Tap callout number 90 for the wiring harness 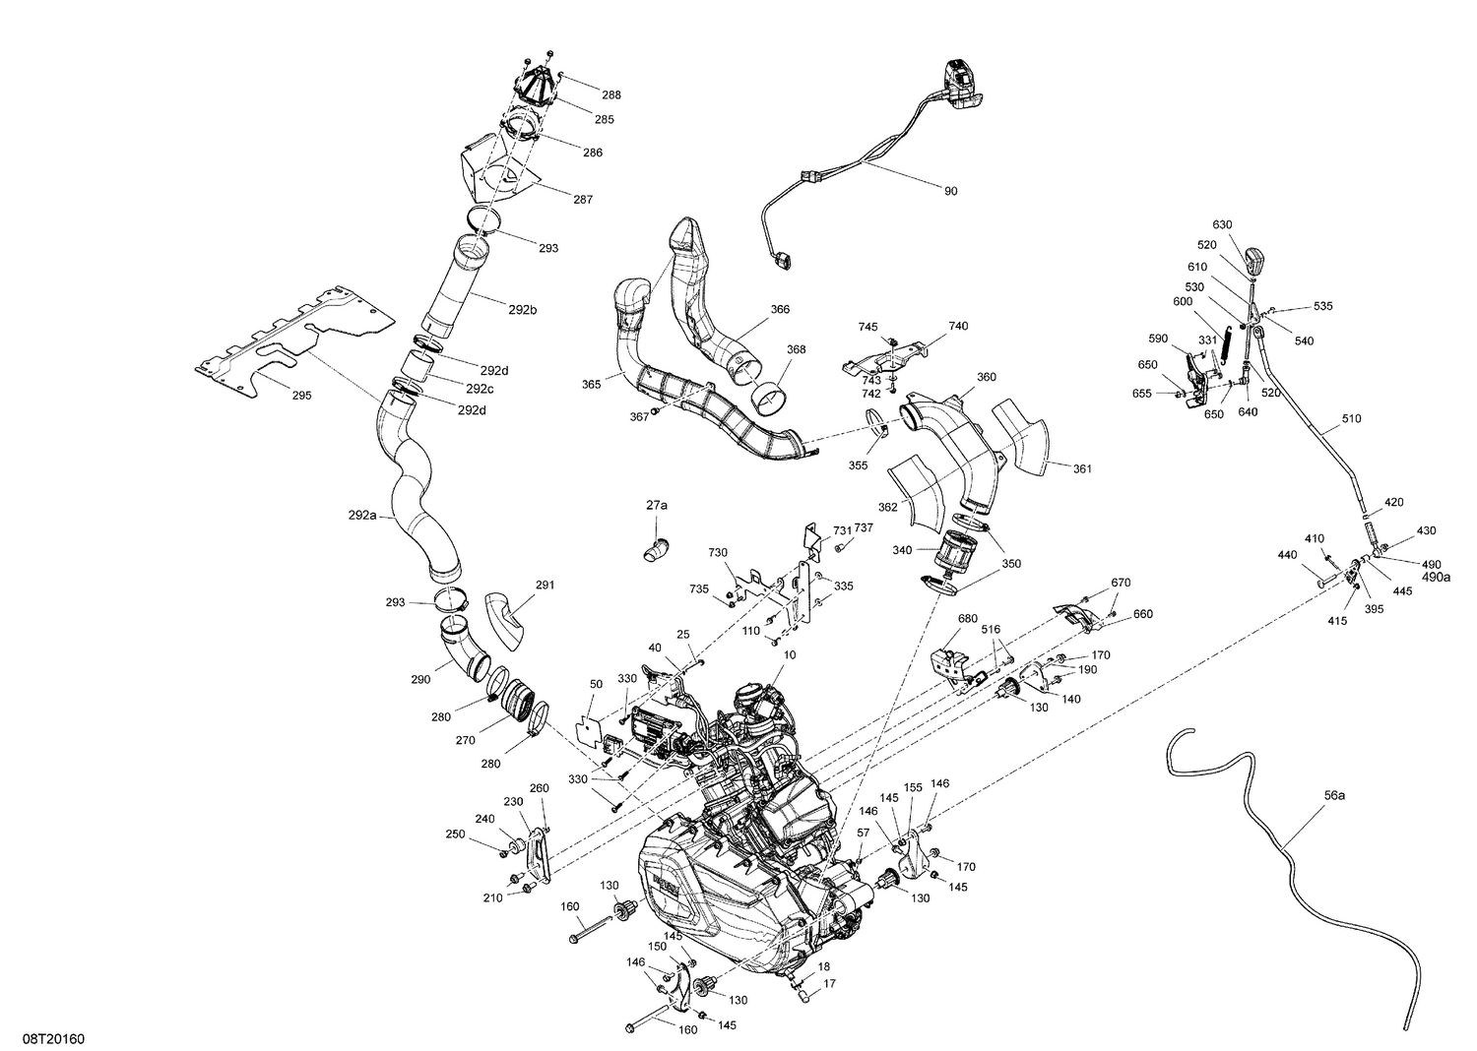(950, 191)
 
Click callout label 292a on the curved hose (362, 515)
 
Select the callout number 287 (583, 199)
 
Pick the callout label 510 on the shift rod (1351, 417)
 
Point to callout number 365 (592, 384)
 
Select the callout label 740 (958, 326)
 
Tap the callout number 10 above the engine (789, 654)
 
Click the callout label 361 (1082, 469)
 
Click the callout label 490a (1436, 578)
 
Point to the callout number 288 (611, 95)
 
